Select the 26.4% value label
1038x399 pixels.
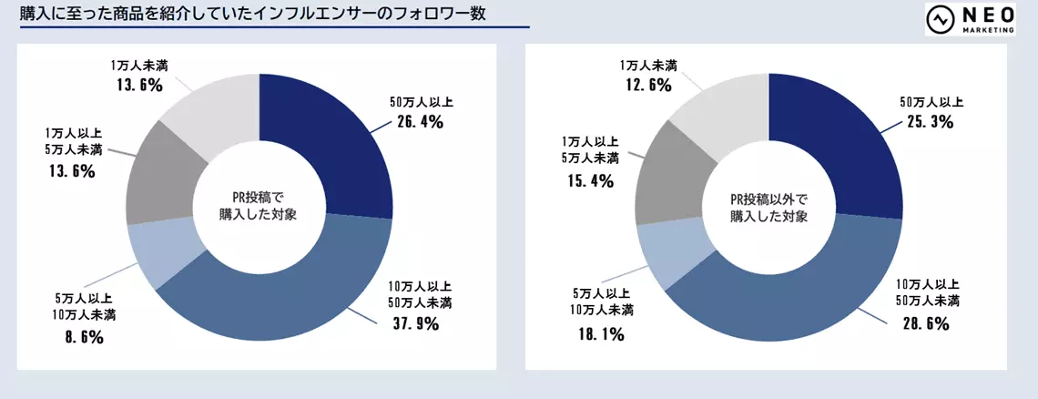pyautogui.click(x=419, y=121)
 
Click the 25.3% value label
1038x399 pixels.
pyautogui.click(x=929, y=121)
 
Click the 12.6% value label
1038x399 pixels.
pyautogui.click(x=646, y=86)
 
